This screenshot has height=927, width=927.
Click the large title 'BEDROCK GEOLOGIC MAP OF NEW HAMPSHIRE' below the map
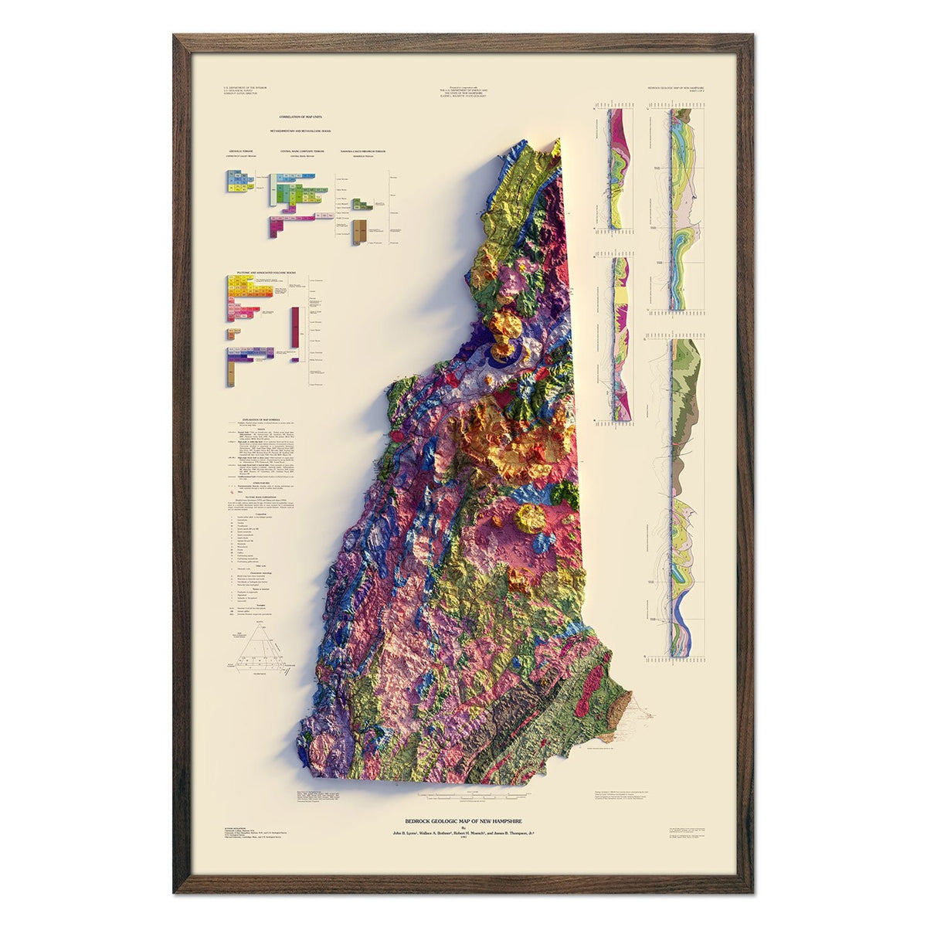click(x=463, y=821)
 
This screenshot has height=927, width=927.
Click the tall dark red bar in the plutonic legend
click(x=294, y=332)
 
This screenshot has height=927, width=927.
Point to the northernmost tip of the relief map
click(x=556, y=141)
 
